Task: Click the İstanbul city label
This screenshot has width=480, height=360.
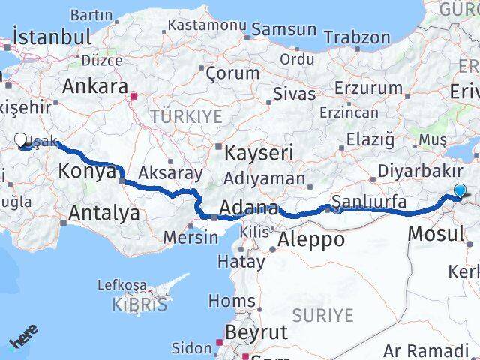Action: pyautogui.click(x=52, y=37)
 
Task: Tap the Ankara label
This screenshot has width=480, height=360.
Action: pyautogui.click(x=94, y=85)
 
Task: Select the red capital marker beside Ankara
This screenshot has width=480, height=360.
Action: pyautogui.click(x=134, y=96)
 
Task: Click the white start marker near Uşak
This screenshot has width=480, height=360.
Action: pyautogui.click(x=21, y=139)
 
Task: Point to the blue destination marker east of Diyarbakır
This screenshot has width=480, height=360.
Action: pyautogui.click(x=460, y=192)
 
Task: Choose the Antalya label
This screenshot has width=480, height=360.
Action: pyautogui.click(x=103, y=213)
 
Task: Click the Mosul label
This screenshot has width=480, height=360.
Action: pyautogui.click(x=436, y=233)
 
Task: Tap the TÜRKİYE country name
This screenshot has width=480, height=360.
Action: pyautogui.click(x=186, y=115)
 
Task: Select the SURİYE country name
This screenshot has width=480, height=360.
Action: pyautogui.click(x=322, y=313)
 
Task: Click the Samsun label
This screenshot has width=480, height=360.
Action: pyautogui.click(x=283, y=30)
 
